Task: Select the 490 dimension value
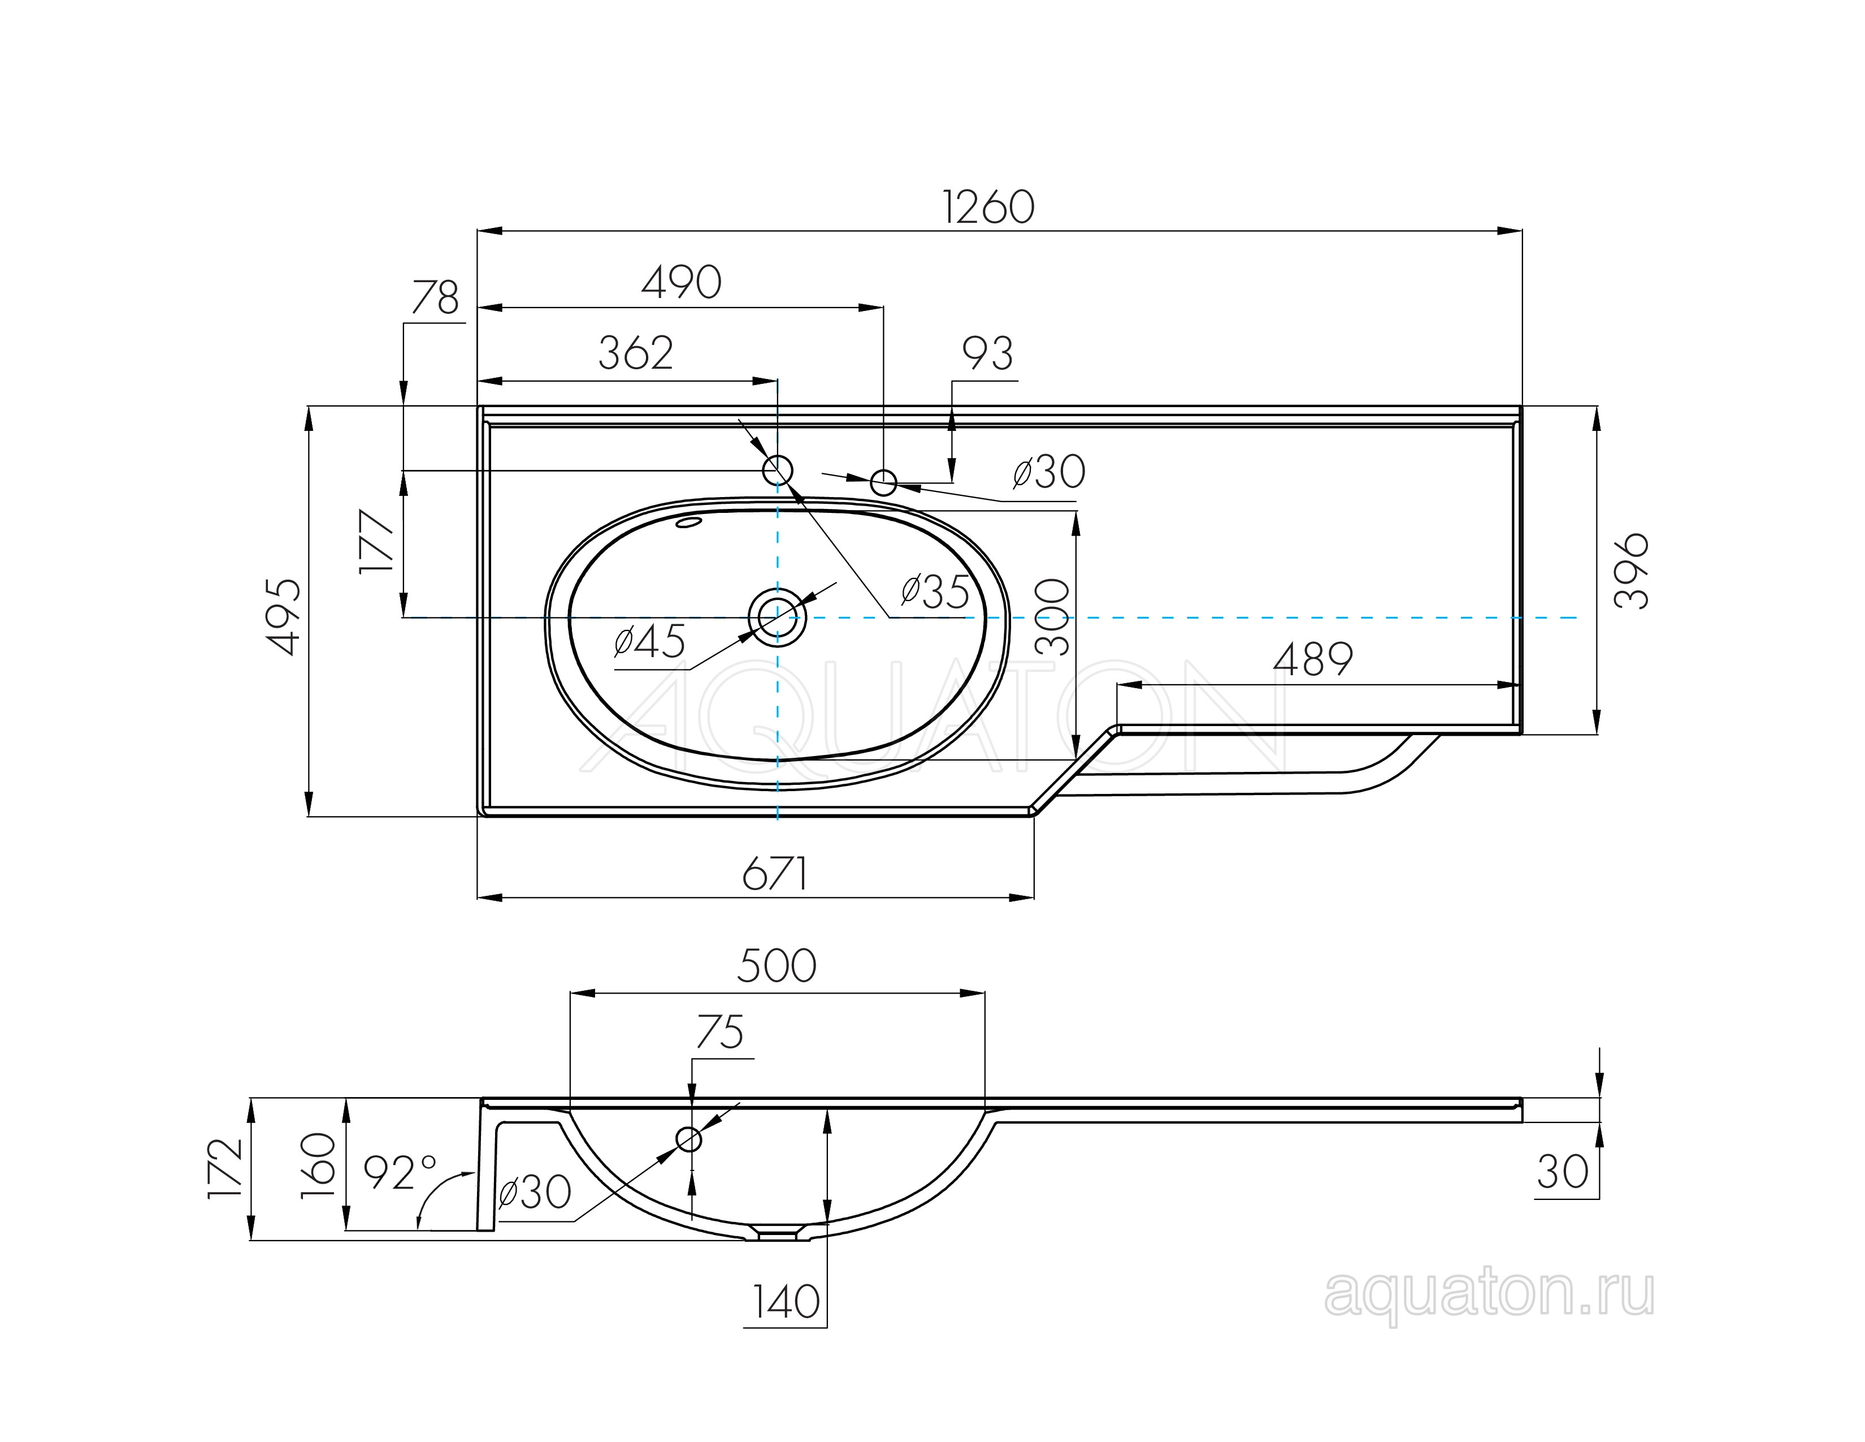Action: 682,282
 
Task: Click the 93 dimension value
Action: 987,353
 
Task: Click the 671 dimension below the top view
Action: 774,874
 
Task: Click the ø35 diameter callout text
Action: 935,592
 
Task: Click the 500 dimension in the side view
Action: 776,966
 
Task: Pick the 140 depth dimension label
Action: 786,1302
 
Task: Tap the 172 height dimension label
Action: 226,1168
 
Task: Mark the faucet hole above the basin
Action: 777,470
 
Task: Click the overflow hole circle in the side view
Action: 688,1139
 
